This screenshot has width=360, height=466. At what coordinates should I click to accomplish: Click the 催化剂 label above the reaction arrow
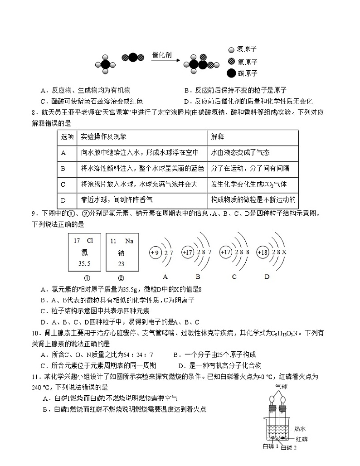click(x=162, y=55)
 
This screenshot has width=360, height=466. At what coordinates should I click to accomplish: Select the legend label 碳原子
click(x=247, y=73)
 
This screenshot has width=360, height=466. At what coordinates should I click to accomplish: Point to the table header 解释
click(x=218, y=136)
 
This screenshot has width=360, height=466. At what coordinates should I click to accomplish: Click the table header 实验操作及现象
click(x=103, y=136)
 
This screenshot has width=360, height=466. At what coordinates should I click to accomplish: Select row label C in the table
click(x=63, y=184)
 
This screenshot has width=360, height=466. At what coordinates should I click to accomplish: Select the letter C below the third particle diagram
click(x=234, y=277)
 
